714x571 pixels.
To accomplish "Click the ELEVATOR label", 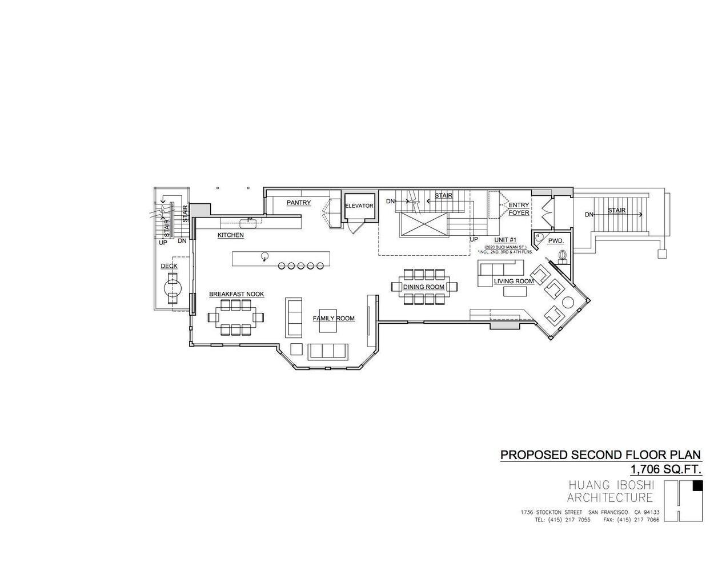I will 359,206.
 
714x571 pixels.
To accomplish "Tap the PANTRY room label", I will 299,203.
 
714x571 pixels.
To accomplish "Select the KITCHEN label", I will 231,235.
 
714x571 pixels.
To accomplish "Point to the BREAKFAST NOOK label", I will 236,294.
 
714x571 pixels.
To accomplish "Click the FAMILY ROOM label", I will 334,319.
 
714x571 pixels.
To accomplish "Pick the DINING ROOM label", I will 424,287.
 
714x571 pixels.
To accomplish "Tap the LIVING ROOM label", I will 514,281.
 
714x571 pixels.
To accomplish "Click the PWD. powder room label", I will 556,241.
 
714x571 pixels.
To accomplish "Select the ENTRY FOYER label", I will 519,209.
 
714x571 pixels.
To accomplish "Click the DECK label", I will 169,266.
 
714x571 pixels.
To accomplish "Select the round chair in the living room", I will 569,302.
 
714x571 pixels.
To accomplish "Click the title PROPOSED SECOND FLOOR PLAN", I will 600,455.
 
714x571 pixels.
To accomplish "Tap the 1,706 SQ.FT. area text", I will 665,469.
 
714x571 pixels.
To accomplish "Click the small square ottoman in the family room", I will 296,349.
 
